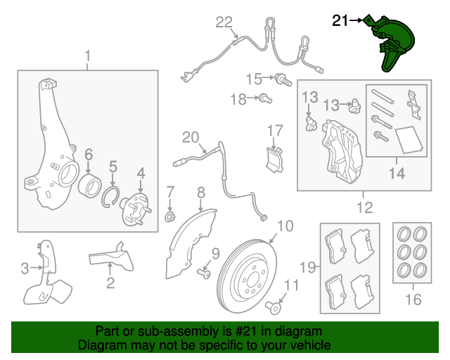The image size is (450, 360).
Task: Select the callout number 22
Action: tap(224, 22)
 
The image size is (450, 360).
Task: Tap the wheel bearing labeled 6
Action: tap(89, 185)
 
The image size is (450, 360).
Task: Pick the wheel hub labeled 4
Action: tap(136, 209)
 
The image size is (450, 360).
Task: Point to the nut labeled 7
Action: tap(170, 217)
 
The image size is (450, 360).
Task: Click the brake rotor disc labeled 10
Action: tap(247, 276)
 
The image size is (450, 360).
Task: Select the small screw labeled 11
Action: tap(274, 309)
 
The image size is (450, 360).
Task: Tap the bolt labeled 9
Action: tap(204, 274)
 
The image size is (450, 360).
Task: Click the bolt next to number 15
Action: tap(283, 79)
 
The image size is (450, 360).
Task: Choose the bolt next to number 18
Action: tap(265, 98)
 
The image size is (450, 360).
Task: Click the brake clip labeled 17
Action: tap(274, 160)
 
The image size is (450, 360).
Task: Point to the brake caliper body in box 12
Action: tap(342, 152)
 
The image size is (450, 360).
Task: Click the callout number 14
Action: tap(397, 173)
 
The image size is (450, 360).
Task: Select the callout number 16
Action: tap(413, 299)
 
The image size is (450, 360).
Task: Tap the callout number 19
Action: tap(307, 267)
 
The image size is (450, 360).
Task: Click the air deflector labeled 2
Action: tap(111, 257)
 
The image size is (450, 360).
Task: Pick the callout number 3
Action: tap(25, 269)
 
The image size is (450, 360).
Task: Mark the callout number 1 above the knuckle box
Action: tap(87, 56)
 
